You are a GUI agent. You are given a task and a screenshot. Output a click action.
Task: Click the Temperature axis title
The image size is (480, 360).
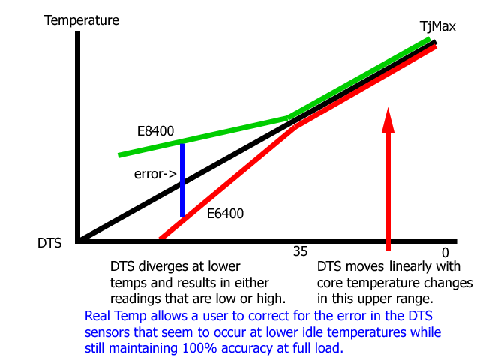click(x=82, y=20)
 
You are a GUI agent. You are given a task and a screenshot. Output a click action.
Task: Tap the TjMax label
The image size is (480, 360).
click(x=437, y=26)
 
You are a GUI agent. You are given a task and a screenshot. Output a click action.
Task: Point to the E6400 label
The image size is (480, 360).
click(x=225, y=214)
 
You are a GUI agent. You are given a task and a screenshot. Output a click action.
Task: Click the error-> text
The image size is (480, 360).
click(x=155, y=175)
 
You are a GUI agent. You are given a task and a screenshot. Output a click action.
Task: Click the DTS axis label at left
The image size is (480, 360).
click(x=49, y=242)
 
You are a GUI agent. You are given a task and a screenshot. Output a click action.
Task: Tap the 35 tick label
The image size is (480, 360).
click(x=300, y=252)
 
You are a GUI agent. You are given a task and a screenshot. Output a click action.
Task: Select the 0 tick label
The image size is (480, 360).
click(x=445, y=253)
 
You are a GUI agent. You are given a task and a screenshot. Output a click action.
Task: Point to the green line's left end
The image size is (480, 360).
click(x=120, y=155)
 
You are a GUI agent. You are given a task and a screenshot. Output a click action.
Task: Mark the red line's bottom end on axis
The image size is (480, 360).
click(x=160, y=240)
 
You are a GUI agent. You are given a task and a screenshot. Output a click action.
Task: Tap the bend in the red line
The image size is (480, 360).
click(x=295, y=127)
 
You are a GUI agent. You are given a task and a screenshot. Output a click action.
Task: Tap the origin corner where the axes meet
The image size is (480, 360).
click(x=78, y=240)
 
